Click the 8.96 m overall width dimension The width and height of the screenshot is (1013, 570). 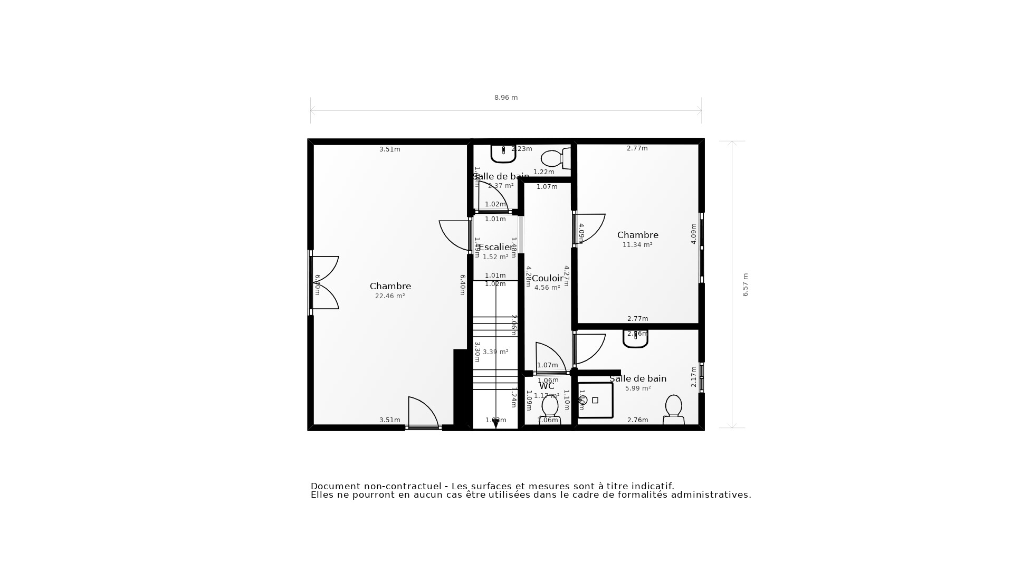(505, 98)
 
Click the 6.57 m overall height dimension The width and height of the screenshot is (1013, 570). (746, 284)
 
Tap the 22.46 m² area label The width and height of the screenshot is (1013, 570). (390, 296)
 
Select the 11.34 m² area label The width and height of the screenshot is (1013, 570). (637, 245)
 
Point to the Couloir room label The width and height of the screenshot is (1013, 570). (547, 278)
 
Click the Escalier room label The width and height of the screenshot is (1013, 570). (495, 247)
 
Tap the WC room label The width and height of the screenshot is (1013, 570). (547, 386)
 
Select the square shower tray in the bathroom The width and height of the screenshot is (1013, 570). (595, 400)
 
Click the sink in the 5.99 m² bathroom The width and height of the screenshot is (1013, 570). (635, 338)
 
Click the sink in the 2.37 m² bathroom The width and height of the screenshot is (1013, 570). (503, 153)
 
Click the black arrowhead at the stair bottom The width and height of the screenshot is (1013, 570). (495, 423)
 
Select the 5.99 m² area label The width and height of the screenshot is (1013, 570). (638, 388)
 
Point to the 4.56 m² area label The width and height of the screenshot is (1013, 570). (547, 288)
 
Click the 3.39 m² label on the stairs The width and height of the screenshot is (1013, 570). (495, 352)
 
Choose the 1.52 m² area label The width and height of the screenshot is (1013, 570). (495, 257)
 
